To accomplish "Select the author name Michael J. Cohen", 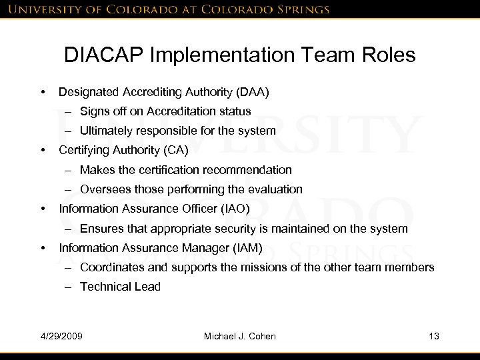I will [x=239, y=335].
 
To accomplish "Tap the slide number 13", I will [x=435, y=335].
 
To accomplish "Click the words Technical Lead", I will [x=120, y=287].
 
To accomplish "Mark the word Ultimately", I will [x=107, y=131].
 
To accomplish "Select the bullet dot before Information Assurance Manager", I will [x=43, y=249].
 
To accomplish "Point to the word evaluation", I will [x=275, y=189].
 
